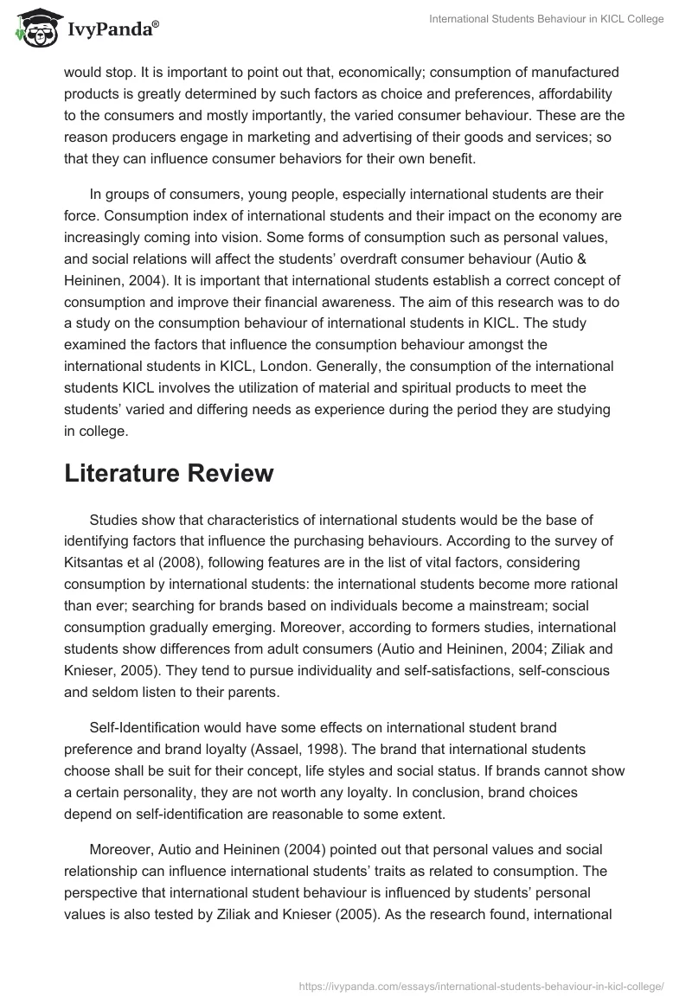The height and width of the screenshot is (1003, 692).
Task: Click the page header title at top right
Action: point(546,19)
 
